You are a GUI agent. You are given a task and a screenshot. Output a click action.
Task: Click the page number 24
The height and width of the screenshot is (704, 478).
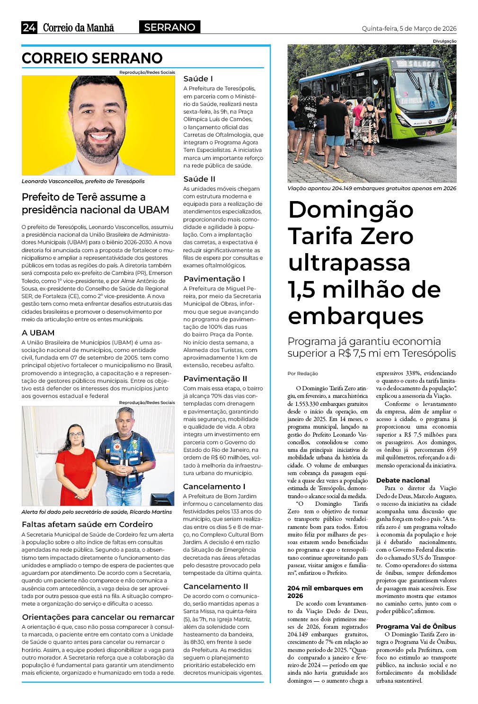tap(29, 27)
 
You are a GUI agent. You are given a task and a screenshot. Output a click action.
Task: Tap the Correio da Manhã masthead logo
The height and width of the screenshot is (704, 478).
tap(79, 28)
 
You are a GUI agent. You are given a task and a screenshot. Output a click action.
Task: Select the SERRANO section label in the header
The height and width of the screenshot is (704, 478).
tap(169, 27)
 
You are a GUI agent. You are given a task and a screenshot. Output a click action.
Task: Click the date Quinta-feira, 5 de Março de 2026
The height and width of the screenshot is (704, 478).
tap(409, 28)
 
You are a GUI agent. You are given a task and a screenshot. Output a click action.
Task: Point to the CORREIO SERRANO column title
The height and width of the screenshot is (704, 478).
tap(92, 58)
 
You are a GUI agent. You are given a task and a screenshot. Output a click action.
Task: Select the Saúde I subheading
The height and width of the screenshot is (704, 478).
tap(198, 79)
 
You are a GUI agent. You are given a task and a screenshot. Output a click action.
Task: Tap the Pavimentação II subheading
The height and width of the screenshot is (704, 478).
tap(215, 378)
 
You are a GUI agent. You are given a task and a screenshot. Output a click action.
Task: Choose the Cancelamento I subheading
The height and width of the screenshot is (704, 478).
tap(214, 486)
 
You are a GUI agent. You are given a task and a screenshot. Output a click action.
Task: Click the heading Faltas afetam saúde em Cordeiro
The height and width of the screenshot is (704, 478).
tap(87, 524)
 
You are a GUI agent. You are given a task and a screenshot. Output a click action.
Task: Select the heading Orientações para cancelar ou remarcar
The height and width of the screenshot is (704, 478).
tap(98, 617)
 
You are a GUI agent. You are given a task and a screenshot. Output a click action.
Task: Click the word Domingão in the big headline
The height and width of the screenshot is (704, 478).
tap(351, 209)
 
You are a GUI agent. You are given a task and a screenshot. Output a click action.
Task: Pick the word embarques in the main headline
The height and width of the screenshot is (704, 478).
tap(355, 316)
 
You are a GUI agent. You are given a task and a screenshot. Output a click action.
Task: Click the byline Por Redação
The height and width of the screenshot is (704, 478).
tap(302, 373)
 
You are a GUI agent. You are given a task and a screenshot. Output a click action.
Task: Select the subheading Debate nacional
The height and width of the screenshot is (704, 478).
tap(403, 480)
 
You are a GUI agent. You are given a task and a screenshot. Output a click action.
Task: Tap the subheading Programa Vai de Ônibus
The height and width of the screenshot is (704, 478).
tap(416, 626)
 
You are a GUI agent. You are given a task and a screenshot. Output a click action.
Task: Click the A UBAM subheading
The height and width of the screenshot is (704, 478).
tap(38, 333)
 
